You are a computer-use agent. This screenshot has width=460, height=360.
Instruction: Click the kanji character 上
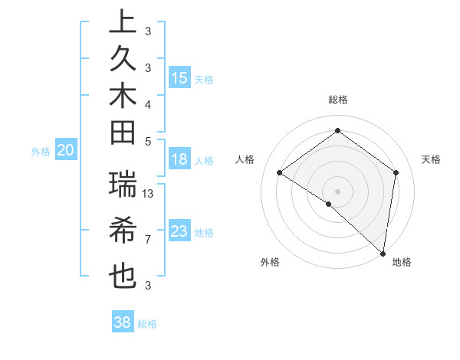(123, 22)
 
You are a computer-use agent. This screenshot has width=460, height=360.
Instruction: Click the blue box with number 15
(179, 78)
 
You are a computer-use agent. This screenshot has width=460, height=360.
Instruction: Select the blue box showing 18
(179, 160)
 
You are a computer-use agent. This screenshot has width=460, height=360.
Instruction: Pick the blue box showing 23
(179, 231)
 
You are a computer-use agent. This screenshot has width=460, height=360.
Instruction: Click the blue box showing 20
(65, 151)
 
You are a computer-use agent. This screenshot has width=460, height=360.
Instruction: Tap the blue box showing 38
(123, 322)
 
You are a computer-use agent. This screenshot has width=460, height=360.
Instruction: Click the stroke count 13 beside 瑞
(149, 194)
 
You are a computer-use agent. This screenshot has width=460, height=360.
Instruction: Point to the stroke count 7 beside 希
(148, 240)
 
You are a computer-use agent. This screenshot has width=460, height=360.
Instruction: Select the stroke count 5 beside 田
(148, 141)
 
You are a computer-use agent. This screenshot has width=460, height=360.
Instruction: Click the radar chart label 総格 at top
(337, 100)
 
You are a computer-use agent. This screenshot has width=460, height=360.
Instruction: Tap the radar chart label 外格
(270, 262)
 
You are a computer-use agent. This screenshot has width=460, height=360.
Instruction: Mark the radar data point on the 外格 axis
(329, 204)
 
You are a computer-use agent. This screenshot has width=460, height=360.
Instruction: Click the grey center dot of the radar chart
(337, 191)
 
